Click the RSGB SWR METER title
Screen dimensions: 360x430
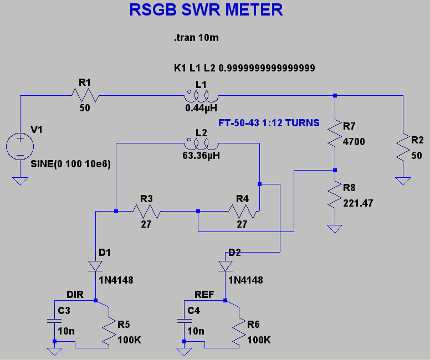206,11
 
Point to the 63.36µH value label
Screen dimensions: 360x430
201,156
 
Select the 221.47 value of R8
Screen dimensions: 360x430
358,203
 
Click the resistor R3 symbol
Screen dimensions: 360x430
146,211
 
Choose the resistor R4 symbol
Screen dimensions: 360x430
242,211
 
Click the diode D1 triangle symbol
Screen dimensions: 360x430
95,266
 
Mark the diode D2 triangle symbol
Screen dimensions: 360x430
225,266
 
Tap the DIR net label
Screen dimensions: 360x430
75,295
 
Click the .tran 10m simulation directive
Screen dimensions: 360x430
197,39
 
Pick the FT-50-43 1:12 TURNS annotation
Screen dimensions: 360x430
269,123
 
